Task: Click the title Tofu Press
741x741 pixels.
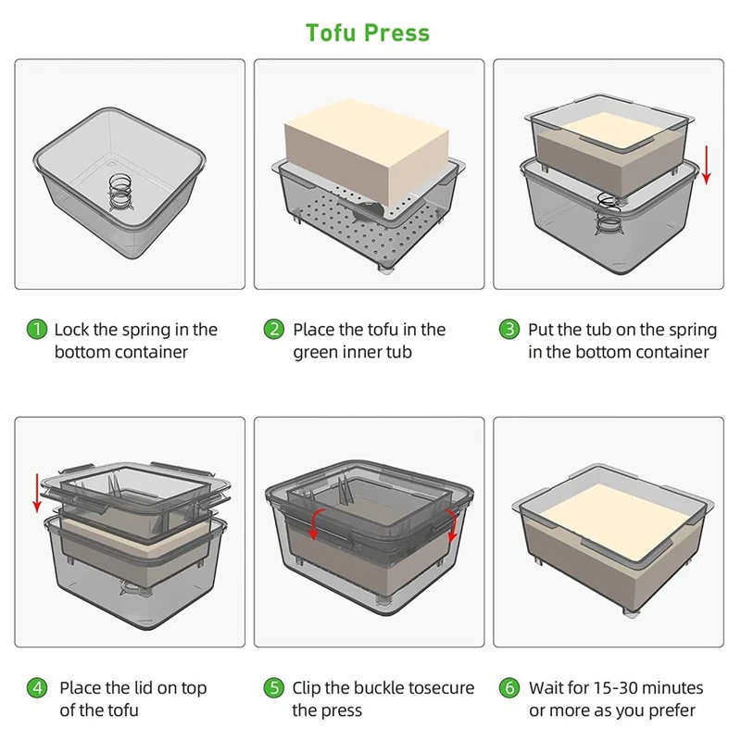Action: pyautogui.click(x=368, y=33)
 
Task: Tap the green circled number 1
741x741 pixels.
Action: pyautogui.click(x=36, y=329)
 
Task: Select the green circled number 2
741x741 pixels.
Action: pyautogui.click(x=274, y=329)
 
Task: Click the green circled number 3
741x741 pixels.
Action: pyautogui.click(x=509, y=329)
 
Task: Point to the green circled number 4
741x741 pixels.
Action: pyautogui.click(x=36, y=688)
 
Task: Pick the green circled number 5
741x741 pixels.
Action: pyautogui.click(x=274, y=688)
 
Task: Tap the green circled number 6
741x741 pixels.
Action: pyautogui.click(x=509, y=688)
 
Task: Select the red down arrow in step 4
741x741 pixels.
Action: pyautogui.click(x=37, y=492)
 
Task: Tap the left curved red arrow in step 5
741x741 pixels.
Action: pyautogui.click(x=314, y=522)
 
